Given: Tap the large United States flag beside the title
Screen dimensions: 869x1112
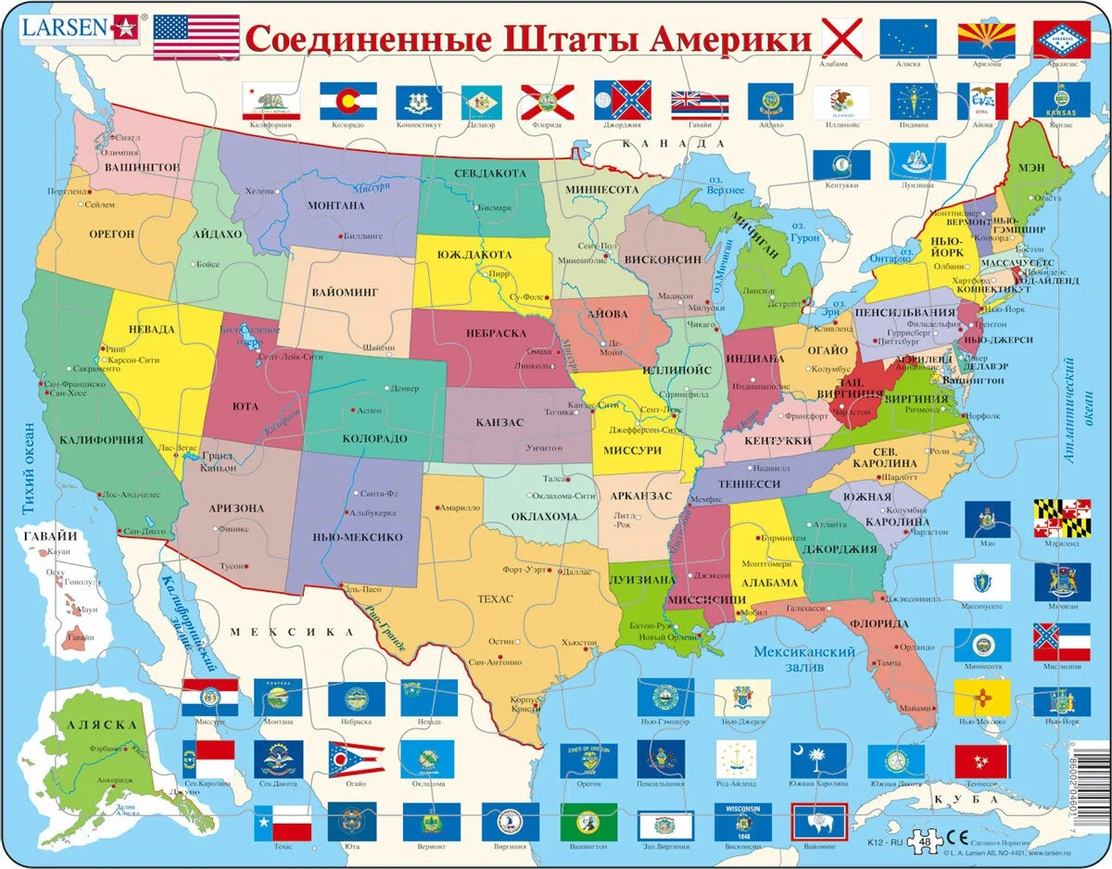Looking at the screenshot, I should (x=196, y=38).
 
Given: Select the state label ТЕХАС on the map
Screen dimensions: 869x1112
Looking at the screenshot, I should (x=496, y=599).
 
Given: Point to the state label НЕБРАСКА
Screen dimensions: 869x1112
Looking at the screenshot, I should (x=495, y=334).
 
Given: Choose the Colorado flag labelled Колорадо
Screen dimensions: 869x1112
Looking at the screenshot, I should (x=347, y=100).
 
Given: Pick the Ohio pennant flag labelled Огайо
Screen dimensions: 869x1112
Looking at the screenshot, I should (x=356, y=759).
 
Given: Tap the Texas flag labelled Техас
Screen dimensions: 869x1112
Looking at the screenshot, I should (x=283, y=821).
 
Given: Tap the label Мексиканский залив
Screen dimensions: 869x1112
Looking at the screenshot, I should (x=803, y=659).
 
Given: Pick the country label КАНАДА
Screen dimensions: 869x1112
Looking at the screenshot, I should (x=673, y=144).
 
